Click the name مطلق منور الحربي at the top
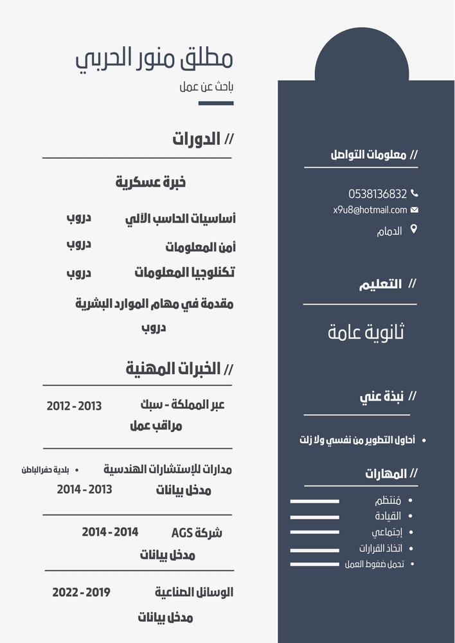point(154,59)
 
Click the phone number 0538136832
point(378,194)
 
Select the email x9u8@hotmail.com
point(370,210)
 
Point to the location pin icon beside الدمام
point(413,229)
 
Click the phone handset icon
point(415,193)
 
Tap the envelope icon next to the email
point(415,210)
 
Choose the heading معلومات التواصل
point(368,155)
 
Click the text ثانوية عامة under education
point(366,332)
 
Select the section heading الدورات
point(197,139)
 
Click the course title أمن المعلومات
point(201,247)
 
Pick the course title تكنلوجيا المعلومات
point(184,273)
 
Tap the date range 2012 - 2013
point(74,406)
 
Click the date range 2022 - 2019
point(81,592)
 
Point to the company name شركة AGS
point(197,532)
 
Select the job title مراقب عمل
point(156,426)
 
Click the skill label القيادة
point(388,516)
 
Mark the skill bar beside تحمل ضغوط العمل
point(314,565)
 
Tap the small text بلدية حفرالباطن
point(46,470)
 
